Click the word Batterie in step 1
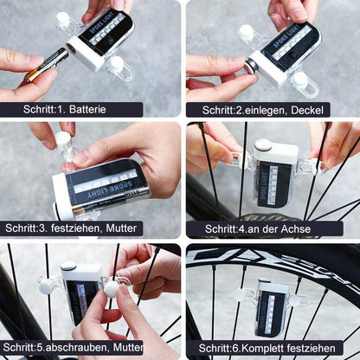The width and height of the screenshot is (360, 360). (87, 110)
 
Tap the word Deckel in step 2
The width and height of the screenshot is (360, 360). (307, 110)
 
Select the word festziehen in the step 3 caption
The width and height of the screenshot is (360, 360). (76, 228)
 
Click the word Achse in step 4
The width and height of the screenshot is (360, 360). (296, 229)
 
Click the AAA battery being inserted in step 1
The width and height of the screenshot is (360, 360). (47, 64)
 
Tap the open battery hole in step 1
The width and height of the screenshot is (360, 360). (71, 49)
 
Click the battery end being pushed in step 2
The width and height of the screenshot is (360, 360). (250, 66)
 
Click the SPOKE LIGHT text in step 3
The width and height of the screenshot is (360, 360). (111, 190)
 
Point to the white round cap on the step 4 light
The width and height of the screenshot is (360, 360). (263, 145)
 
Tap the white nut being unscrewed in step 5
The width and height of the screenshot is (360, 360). (111, 289)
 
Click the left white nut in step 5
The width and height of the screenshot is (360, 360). (47, 286)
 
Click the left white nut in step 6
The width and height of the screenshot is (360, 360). (241, 296)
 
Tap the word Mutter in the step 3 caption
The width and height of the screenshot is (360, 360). (121, 228)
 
